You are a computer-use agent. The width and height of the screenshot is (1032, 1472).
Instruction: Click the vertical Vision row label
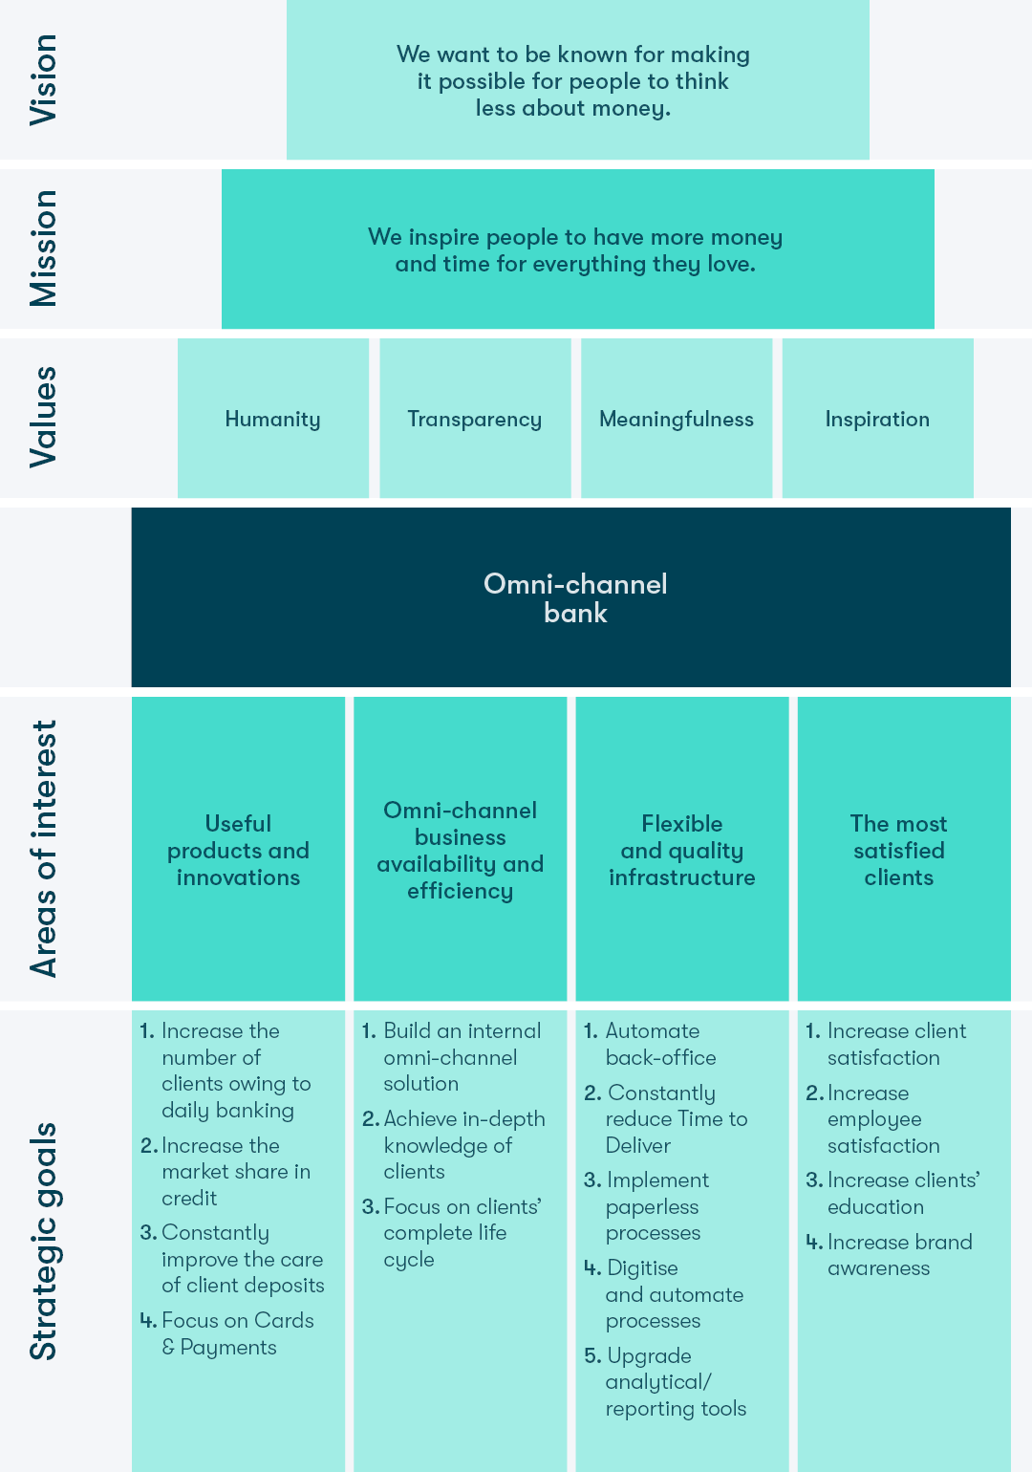coord(43,79)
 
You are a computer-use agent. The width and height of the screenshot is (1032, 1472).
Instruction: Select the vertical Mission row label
coord(43,248)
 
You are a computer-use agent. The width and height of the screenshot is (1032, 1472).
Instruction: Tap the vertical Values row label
coord(43,417)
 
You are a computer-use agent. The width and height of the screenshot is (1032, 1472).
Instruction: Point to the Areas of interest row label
coord(43,849)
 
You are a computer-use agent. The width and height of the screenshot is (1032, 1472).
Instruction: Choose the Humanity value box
coord(272,418)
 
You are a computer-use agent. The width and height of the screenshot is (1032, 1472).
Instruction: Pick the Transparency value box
coord(475,418)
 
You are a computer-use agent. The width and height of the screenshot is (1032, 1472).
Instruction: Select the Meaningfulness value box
coord(677,418)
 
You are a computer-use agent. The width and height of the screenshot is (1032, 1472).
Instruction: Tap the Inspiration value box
coord(877,418)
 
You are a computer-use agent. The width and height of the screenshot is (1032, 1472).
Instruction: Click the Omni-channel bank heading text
coord(575,598)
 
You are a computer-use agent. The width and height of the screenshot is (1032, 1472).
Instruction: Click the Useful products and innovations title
coord(238,851)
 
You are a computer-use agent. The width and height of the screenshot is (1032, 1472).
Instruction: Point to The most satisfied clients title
coord(898,851)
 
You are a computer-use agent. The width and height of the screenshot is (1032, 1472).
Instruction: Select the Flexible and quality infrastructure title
coord(682,851)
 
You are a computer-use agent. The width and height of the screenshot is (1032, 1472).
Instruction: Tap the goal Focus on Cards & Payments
coord(227,1333)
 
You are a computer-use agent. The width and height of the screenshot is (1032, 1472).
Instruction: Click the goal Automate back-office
coord(651,1044)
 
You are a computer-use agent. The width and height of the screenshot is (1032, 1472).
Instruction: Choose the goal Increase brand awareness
coord(889,1254)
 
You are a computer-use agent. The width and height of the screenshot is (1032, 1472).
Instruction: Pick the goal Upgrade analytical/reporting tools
coord(665,1381)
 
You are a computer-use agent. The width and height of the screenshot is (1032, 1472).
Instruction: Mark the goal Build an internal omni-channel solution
coord(451,1057)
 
